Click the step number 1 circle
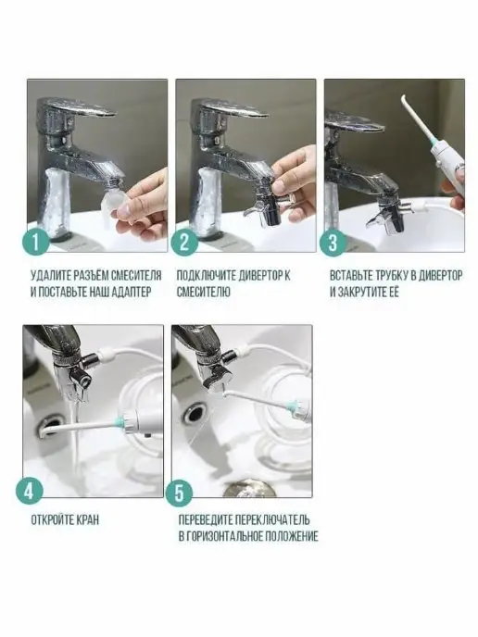click(x=35, y=243)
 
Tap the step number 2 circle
click(x=184, y=243)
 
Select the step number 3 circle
click(x=333, y=243)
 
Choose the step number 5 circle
click(x=179, y=493)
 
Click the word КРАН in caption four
click(x=87, y=520)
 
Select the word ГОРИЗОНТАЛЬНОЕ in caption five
click(x=225, y=536)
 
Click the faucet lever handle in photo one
click(x=81, y=109)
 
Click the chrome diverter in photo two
click(x=269, y=206)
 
